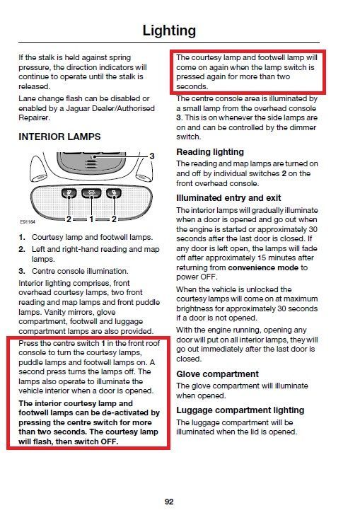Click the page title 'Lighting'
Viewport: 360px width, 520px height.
[169, 31]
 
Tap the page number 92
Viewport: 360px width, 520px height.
[169, 502]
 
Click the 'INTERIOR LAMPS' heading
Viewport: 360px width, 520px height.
[59, 137]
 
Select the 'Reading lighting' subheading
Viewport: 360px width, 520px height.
[210, 152]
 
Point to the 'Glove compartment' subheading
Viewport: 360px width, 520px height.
[217, 374]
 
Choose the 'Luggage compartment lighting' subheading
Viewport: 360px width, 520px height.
[240, 410]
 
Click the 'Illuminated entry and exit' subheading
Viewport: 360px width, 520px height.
[228, 198]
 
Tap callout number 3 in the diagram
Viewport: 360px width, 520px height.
[152, 156]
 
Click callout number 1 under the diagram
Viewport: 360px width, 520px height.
[91, 219]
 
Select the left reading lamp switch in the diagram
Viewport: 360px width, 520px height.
[69, 193]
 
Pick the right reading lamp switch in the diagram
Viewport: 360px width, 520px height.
[114, 193]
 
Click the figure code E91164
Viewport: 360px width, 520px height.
[28, 221]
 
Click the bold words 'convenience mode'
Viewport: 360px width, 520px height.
[263, 267]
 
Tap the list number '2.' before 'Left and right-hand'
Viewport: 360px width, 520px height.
[22, 249]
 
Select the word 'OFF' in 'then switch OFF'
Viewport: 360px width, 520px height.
[110, 441]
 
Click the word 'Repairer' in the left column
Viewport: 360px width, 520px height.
[33, 118]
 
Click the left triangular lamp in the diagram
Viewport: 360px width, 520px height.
[38, 168]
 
